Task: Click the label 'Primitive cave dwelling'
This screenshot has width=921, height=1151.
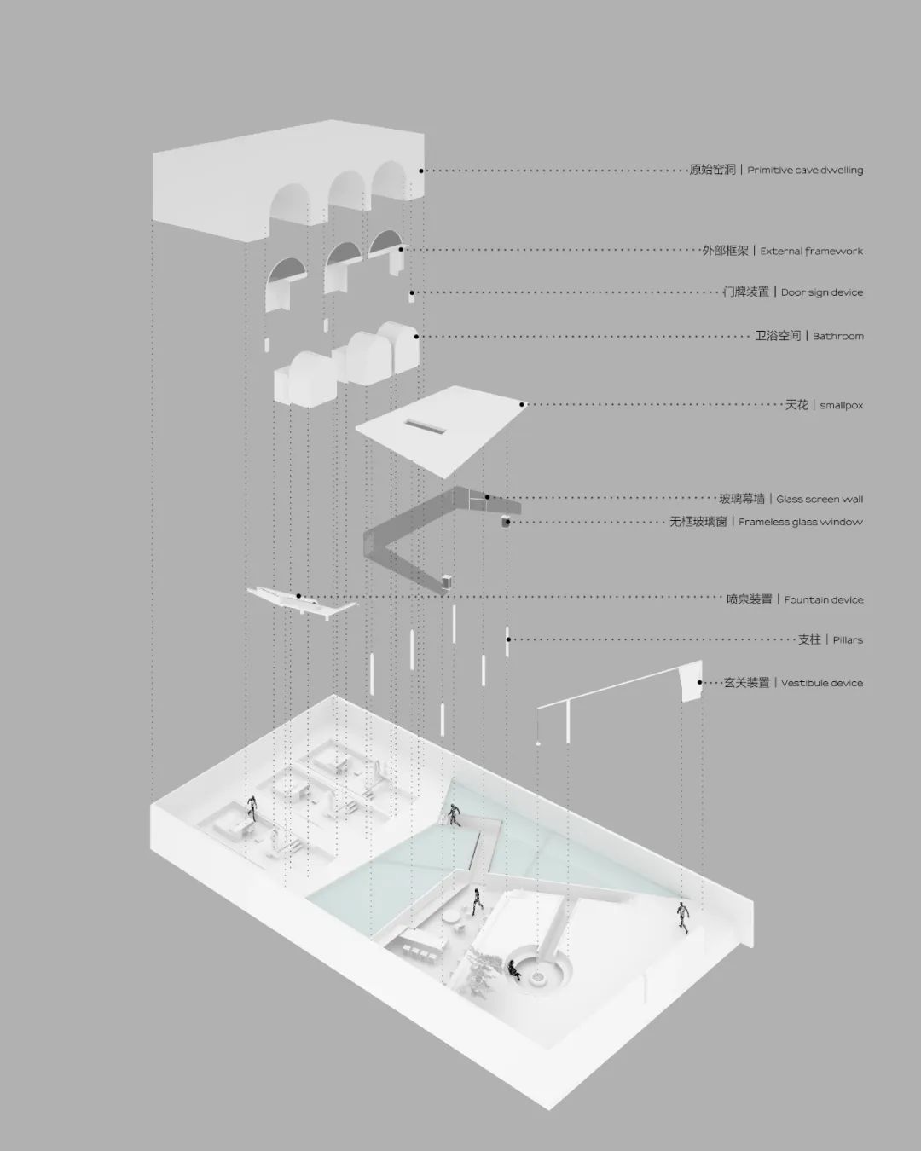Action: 805,171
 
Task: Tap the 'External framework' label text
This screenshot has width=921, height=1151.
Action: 811,251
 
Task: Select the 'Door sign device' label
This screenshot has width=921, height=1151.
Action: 822,292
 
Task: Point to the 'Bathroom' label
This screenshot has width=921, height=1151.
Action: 838,337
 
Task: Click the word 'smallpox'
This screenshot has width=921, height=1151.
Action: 841,406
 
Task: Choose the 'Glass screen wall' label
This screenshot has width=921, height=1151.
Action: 820,499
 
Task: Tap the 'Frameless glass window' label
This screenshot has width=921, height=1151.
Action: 801,522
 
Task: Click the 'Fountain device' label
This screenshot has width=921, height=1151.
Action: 824,599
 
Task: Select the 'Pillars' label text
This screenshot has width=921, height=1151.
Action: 848,639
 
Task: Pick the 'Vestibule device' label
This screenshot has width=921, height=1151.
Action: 822,683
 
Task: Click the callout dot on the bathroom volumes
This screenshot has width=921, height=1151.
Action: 416,337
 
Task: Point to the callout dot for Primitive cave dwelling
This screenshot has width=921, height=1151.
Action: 421,171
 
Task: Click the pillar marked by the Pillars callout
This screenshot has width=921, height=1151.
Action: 507,641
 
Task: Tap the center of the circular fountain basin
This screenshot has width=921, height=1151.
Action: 540,976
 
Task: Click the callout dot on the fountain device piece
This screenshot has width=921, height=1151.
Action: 298,596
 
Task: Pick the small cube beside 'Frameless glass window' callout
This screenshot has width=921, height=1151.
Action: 505,522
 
